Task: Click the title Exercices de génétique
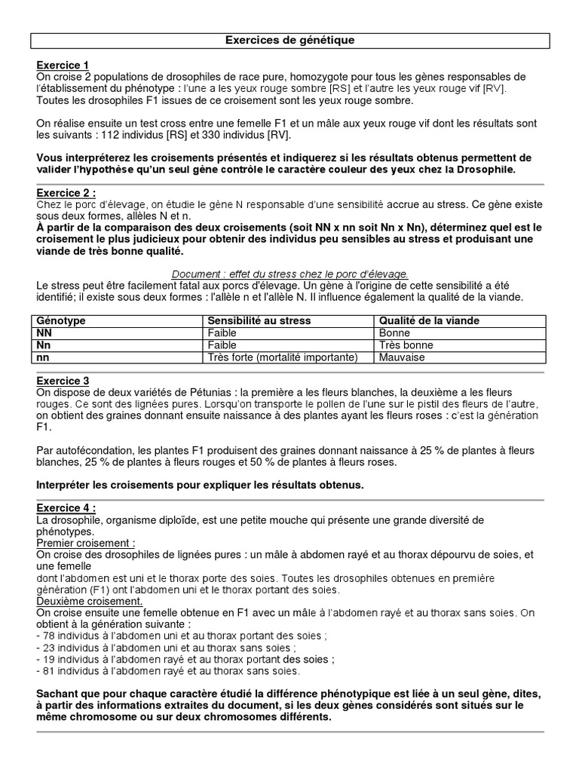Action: tap(289, 40)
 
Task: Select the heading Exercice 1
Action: tap(62, 65)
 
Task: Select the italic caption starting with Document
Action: tap(289, 274)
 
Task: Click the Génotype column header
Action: tap(61, 320)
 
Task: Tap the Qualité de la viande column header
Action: tap(429, 320)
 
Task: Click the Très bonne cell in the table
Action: tap(406, 345)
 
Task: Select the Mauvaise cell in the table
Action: tap(402, 357)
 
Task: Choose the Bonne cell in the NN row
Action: tap(394, 332)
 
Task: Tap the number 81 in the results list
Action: tap(47, 670)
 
